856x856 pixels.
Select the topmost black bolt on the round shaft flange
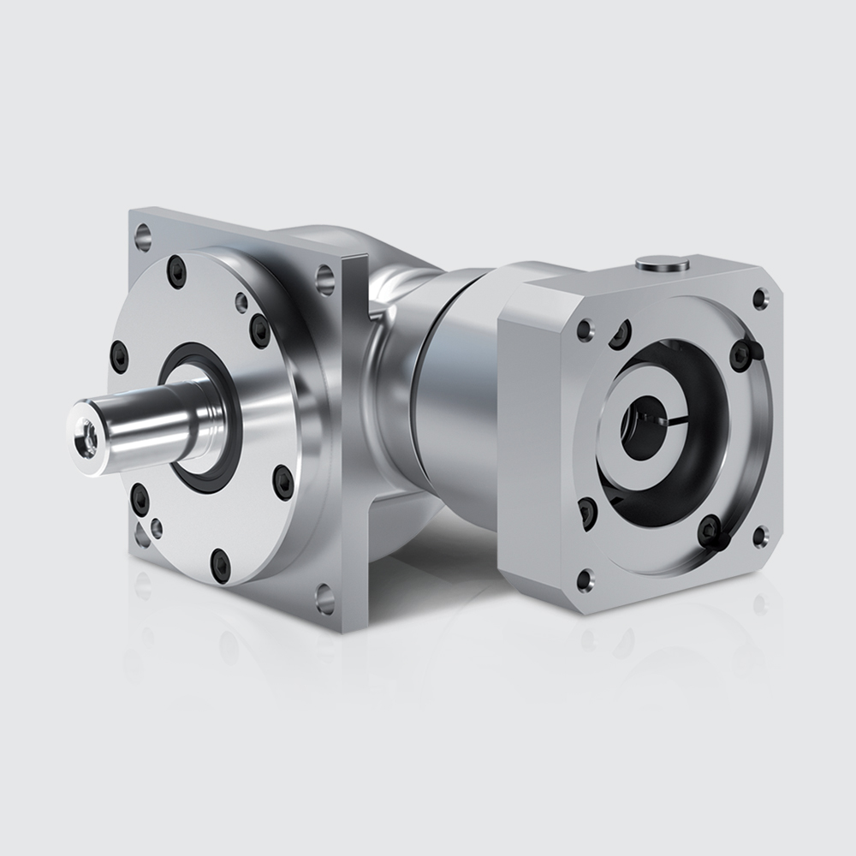(177, 272)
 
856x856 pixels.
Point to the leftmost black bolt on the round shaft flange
(120, 355)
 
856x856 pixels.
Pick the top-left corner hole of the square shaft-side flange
(143, 232)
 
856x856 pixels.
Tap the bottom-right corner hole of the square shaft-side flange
(325, 597)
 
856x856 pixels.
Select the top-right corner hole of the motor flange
(759, 298)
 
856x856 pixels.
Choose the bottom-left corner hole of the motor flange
(586, 580)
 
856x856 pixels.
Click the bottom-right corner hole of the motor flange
(758, 538)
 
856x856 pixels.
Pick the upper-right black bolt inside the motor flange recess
(741, 354)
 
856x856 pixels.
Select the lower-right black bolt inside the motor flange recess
(710, 531)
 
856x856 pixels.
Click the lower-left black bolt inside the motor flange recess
(588, 512)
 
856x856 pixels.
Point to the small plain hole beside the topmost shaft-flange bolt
(242, 302)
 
